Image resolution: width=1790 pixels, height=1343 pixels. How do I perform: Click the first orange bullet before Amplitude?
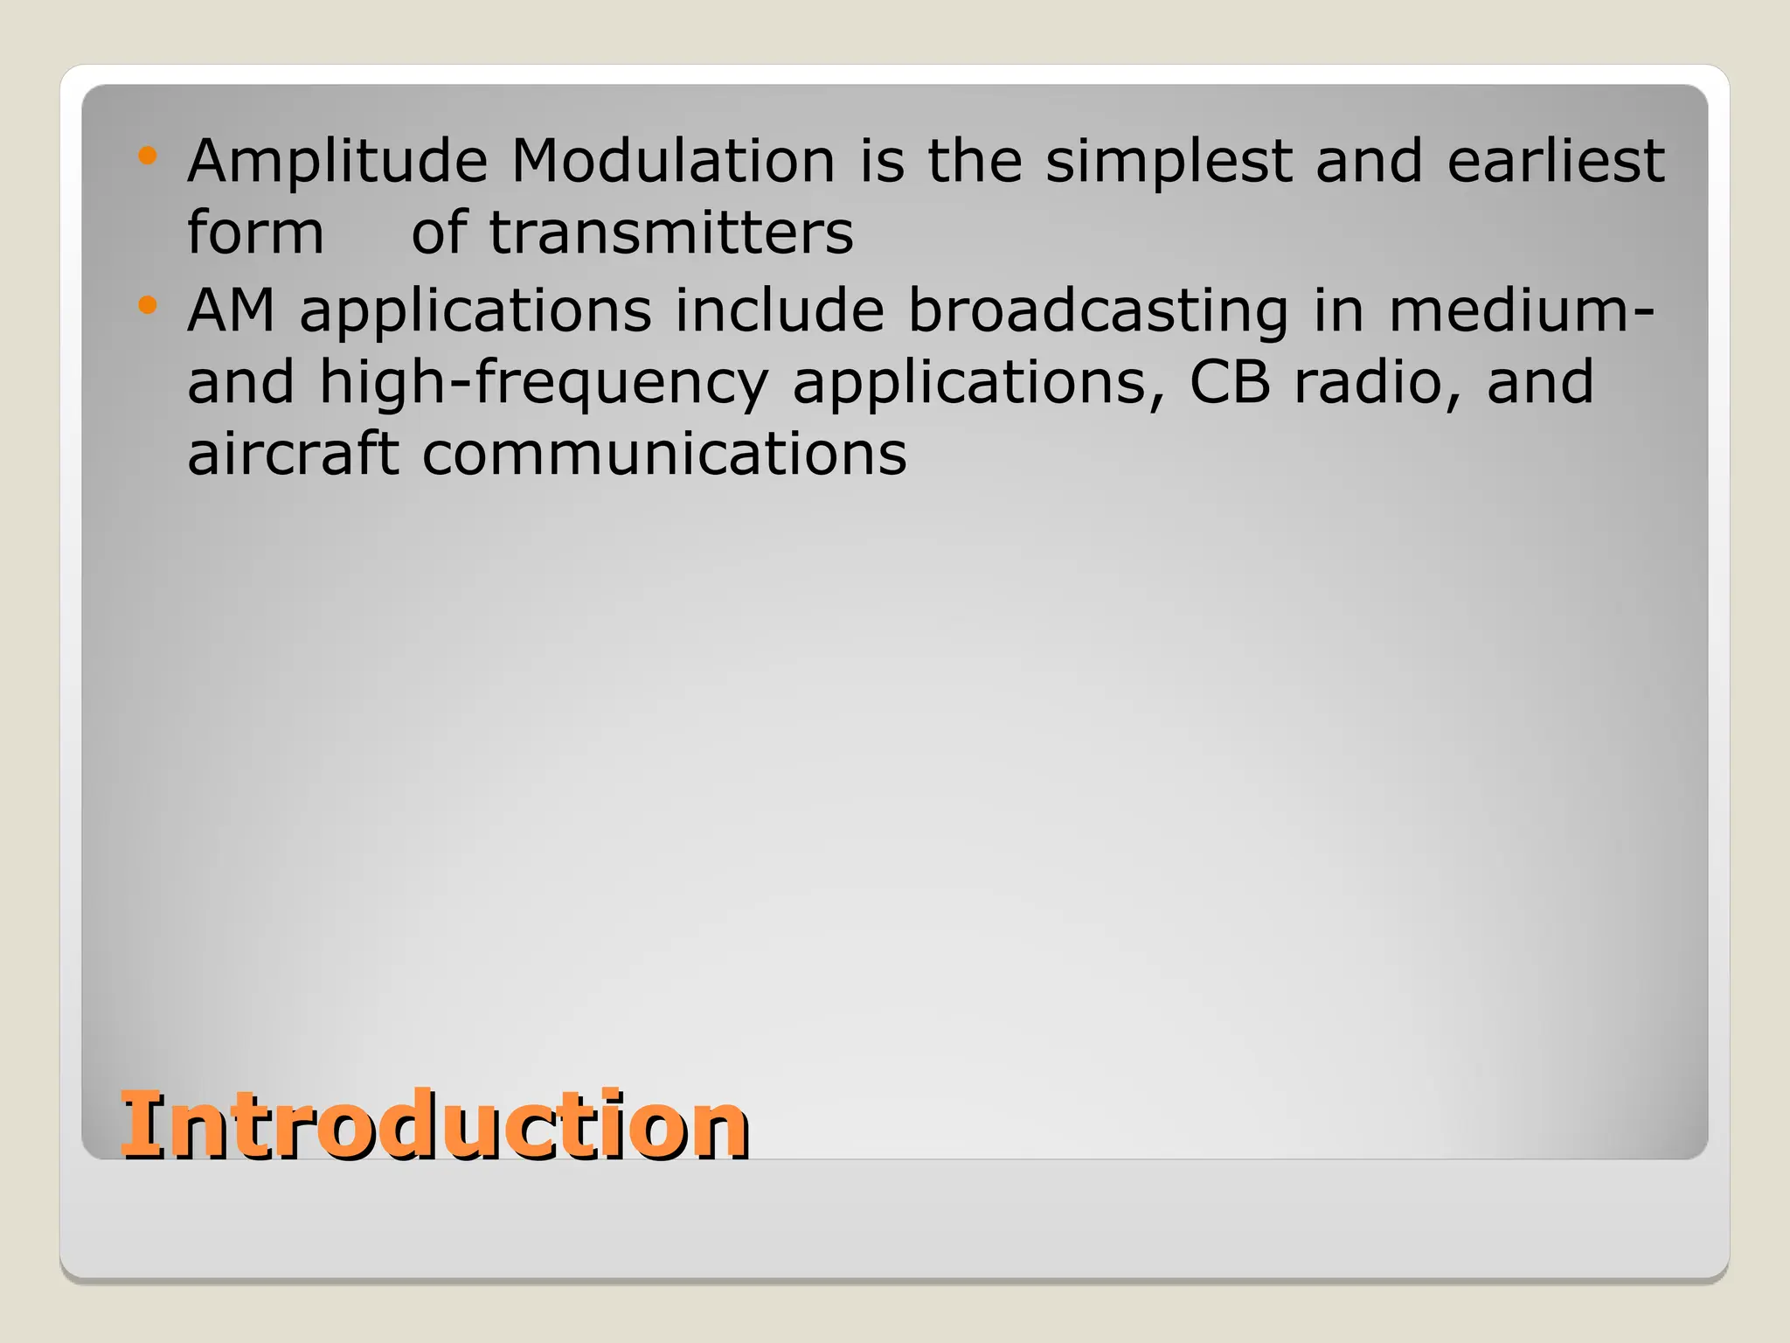click(x=147, y=157)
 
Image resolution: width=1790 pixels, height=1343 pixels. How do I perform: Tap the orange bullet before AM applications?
click(x=147, y=305)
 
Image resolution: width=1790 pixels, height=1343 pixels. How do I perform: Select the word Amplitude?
click(x=336, y=163)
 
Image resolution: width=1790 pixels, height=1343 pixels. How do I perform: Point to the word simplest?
click(x=1169, y=163)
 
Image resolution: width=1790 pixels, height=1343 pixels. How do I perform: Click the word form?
click(x=255, y=233)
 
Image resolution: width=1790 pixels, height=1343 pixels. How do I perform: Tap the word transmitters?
click(x=671, y=233)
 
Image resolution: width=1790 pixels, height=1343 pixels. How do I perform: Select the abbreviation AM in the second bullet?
click(x=232, y=310)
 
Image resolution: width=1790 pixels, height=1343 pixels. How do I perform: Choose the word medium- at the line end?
click(x=1521, y=310)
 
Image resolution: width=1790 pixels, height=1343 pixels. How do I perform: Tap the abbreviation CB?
click(x=1229, y=383)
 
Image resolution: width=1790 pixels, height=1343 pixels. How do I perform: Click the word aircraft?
click(x=293, y=454)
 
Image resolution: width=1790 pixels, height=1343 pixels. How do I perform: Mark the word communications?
click(x=664, y=456)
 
